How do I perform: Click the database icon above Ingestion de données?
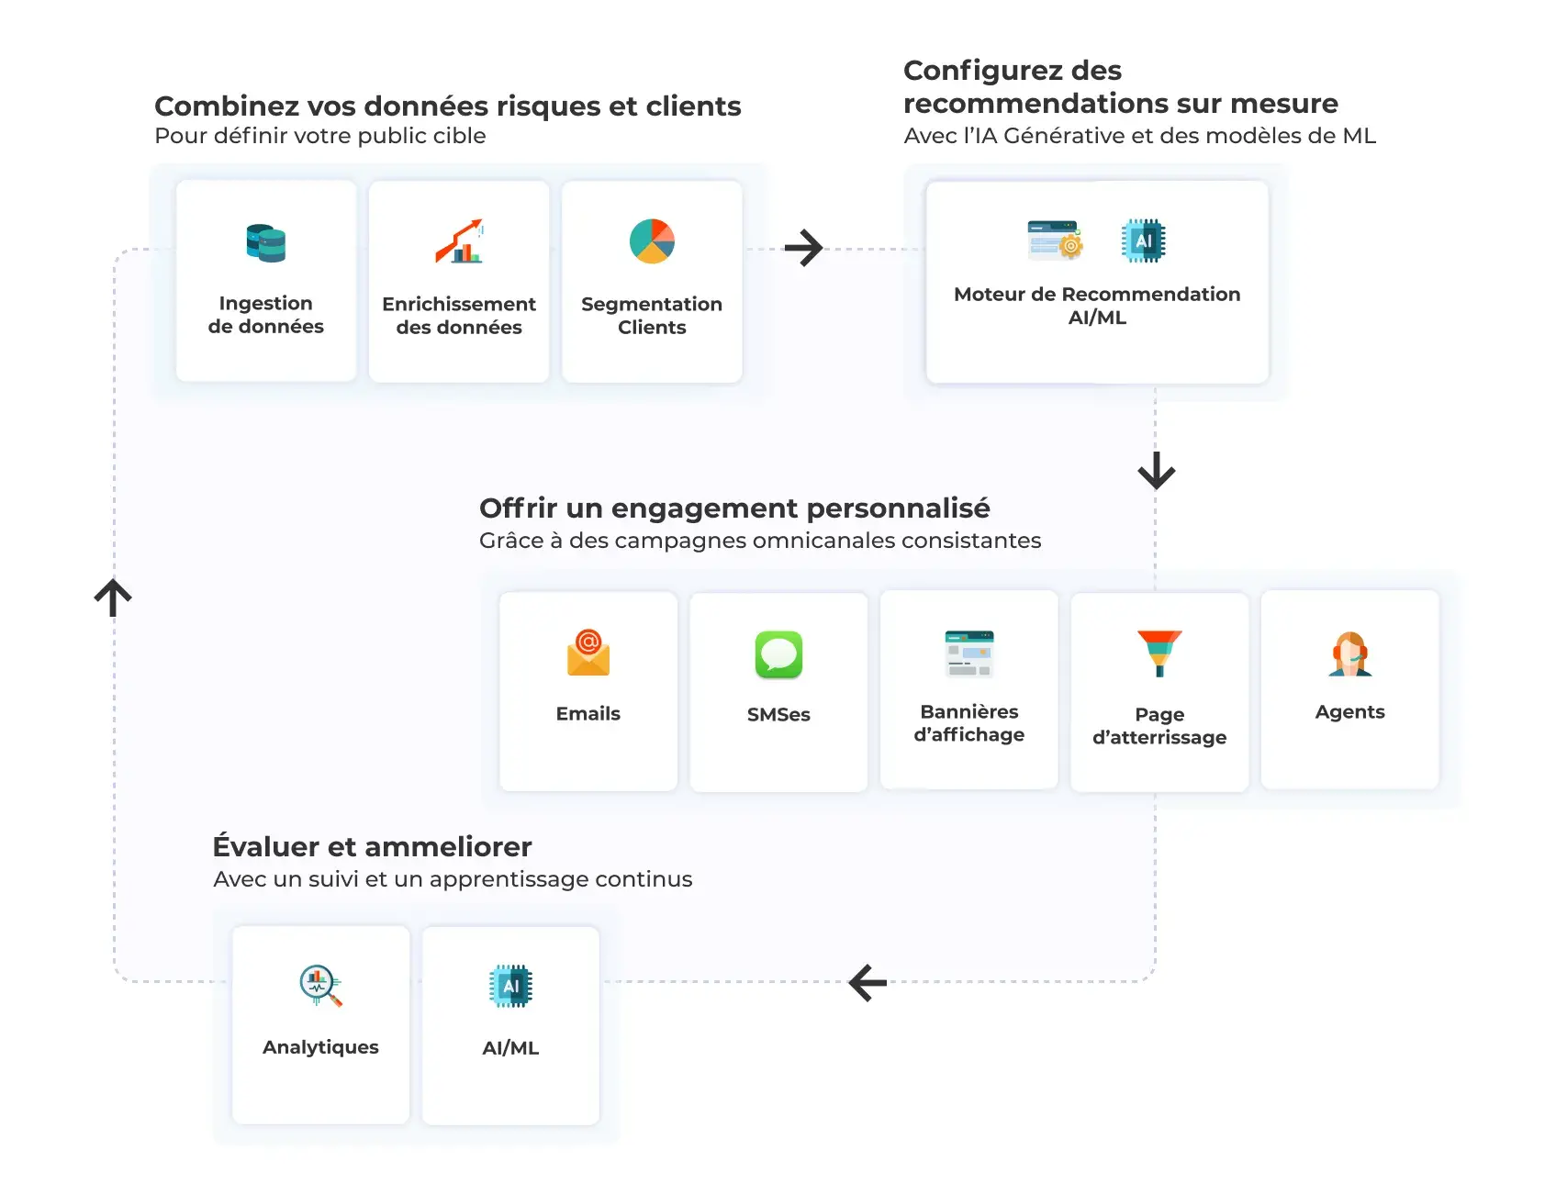point(266,243)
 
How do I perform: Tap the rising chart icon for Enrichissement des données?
point(459,241)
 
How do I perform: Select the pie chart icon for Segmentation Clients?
point(652,241)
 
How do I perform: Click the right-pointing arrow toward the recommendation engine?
point(803,248)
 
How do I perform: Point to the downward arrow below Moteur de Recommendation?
point(1156,470)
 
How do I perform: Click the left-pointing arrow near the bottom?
point(868,982)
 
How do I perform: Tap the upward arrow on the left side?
point(113,597)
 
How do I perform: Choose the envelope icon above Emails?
point(588,653)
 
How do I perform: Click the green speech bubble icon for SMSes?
point(778,654)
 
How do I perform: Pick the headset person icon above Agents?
point(1349,653)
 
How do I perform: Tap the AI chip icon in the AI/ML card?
point(511,987)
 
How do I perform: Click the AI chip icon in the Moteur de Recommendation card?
point(1144,240)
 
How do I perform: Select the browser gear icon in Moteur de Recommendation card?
point(1056,240)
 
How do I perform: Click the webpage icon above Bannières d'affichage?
point(969,653)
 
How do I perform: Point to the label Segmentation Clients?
point(652,316)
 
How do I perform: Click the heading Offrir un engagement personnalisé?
point(734,508)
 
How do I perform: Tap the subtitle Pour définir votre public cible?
point(320,136)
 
